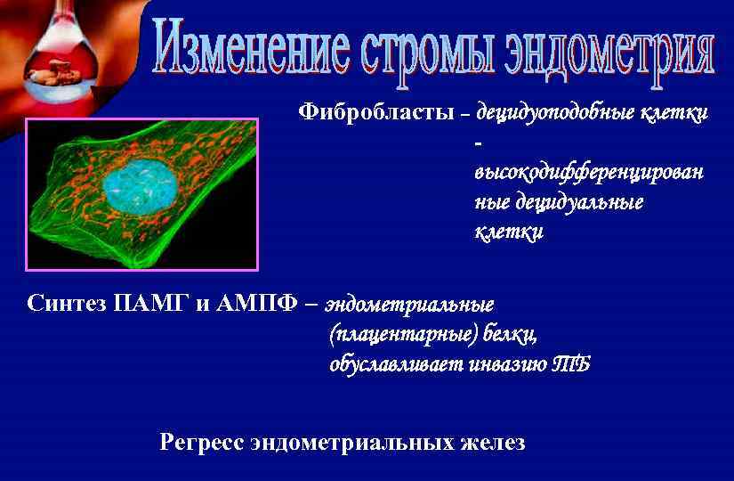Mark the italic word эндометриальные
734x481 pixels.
(x=410, y=304)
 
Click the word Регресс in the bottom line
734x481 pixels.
(x=202, y=442)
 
